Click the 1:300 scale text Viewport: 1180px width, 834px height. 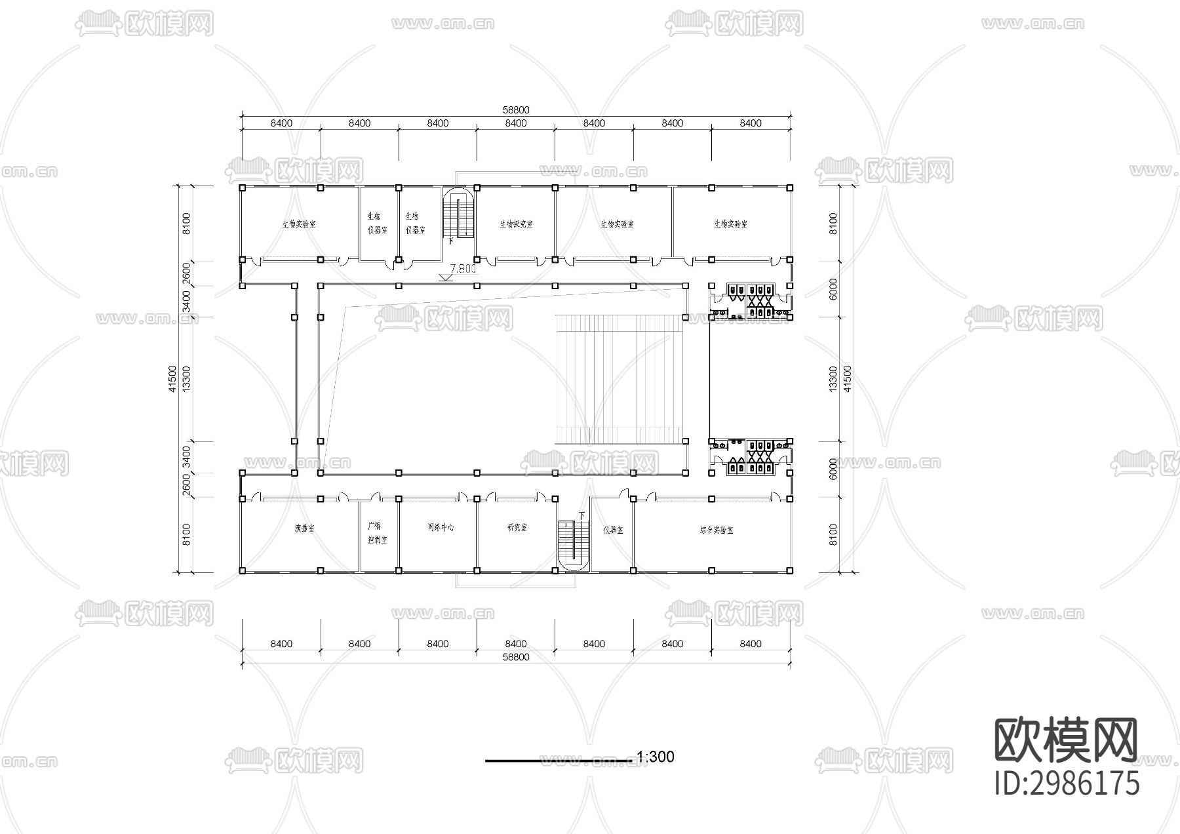[655, 757]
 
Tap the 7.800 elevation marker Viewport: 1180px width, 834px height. [463, 269]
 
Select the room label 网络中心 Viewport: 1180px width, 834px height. [441, 527]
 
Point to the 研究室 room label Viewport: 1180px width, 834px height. [517, 527]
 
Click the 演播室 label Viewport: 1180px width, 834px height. [304, 528]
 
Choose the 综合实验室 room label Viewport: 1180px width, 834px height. [717, 530]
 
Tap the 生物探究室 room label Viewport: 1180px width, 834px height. [516, 224]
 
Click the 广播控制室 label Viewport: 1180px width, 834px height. [376, 533]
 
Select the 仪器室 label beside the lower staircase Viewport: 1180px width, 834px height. [613, 530]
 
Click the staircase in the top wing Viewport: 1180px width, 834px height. [459, 216]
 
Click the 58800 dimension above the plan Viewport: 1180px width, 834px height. [516, 110]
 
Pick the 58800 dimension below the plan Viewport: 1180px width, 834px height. [516, 657]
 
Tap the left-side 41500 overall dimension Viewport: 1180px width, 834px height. [172, 379]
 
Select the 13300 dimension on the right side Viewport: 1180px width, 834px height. [833, 379]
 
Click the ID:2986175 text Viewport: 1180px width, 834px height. [1067, 784]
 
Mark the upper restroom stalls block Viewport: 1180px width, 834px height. [751, 301]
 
